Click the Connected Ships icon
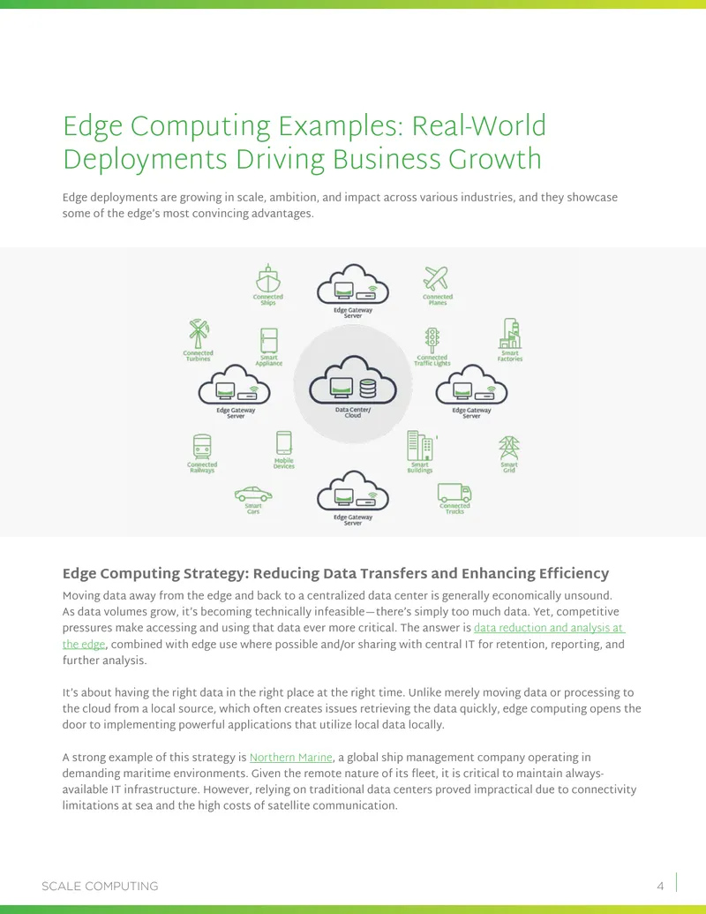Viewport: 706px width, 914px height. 268,279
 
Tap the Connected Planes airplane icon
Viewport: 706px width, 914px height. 436,278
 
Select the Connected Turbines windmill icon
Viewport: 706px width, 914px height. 198,334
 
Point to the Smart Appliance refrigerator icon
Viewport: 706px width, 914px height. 269,340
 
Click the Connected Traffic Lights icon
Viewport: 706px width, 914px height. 432,340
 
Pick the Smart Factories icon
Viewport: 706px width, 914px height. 510,334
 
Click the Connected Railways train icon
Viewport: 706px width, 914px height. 202,447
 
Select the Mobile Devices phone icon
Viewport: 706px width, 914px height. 283,443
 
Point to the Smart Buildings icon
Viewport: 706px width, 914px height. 420,446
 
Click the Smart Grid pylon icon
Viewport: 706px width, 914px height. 509,449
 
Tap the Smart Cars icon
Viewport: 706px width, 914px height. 253,495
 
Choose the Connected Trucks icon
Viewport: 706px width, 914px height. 454,493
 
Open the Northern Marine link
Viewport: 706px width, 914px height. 290,757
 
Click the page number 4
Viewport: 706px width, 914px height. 660,886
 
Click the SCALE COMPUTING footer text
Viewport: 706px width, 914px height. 100,886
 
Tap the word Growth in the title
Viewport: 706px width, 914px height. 494,159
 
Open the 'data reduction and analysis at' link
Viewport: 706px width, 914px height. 549,628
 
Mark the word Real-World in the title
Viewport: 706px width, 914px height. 479,126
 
